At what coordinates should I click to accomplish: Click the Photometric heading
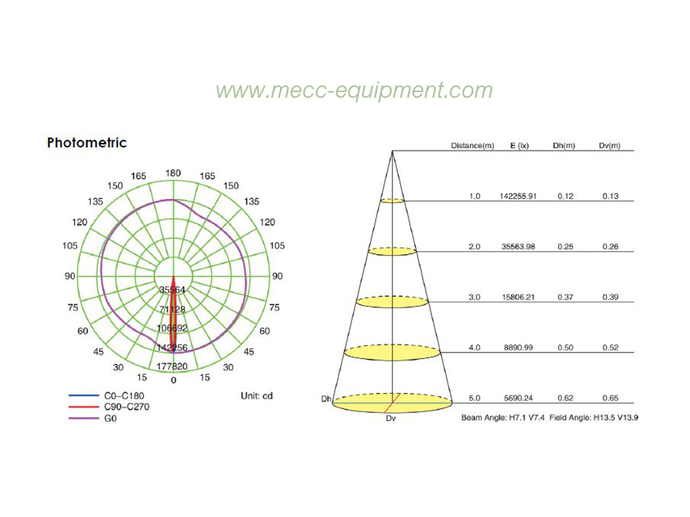(87, 143)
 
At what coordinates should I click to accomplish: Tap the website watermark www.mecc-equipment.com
(354, 91)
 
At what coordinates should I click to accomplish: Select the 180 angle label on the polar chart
(173, 173)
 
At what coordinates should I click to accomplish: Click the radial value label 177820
(172, 366)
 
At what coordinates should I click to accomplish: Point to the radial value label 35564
(172, 290)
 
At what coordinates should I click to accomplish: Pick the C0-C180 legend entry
(106, 396)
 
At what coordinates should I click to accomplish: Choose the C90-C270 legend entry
(109, 407)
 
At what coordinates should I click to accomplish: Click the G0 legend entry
(93, 419)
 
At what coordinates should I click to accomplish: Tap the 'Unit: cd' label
(256, 396)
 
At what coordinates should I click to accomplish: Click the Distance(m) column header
(473, 146)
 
